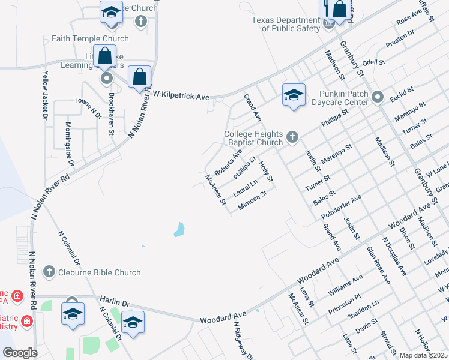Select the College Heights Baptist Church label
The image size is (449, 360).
pyautogui.click(x=253, y=138)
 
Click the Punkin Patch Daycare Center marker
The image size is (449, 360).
pyautogui.click(x=378, y=97)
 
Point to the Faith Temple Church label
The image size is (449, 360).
pyautogui.click(x=90, y=38)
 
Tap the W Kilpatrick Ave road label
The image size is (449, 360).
pyautogui.click(x=181, y=96)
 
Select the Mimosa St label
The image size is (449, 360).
pyautogui.click(x=252, y=199)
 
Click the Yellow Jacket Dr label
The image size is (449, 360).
pyautogui.click(x=45, y=95)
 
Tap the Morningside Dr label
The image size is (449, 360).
pyautogui.click(x=70, y=145)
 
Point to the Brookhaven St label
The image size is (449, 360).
pyautogui.click(x=111, y=113)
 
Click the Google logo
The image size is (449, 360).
pyautogui.click(x=20, y=353)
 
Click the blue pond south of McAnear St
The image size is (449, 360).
pyautogui.click(x=179, y=229)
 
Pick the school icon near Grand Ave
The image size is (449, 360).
pyautogui.click(x=294, y=95)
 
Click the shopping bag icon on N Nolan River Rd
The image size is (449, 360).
pyautogui.click(x=139, y=77)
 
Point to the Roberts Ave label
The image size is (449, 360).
pyautogui.click(x=228, y=161)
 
